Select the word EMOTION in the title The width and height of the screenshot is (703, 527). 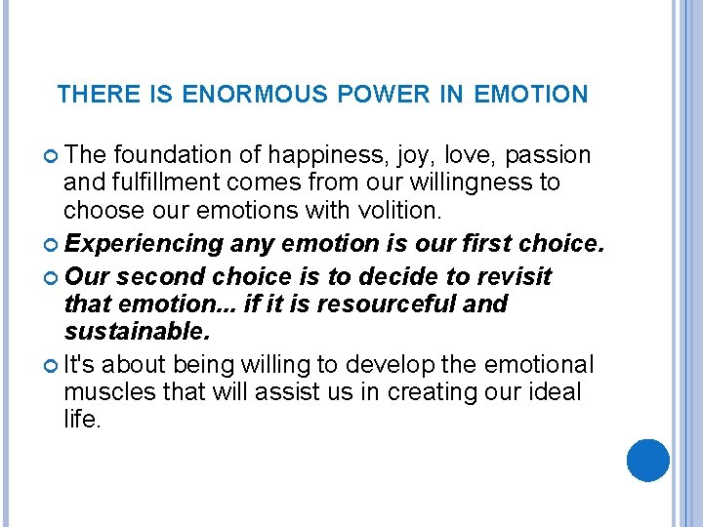pos(531,95)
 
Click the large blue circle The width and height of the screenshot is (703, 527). pos(648,461)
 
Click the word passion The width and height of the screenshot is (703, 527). pos(549,155)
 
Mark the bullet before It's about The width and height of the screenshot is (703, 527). pos(52,366)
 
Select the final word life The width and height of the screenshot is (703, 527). pos(81,420)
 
